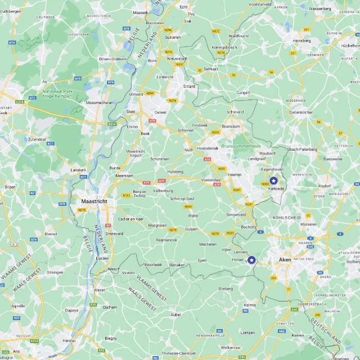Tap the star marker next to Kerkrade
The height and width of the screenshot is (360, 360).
click(x=273, y=181)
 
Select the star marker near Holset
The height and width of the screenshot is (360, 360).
click(x=251, y=260)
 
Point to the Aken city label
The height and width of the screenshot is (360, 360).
click(x=285, y=260)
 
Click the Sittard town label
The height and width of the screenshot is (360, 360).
click(x=189, y=87)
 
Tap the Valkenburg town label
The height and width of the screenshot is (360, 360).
click(x=163, y=191)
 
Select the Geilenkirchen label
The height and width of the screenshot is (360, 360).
click(x=301, y=112)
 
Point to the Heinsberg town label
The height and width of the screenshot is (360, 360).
click(x=301, y=40)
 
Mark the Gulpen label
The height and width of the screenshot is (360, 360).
click(x=192, y=229)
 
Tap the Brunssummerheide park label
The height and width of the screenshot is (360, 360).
click(x=241, y=146)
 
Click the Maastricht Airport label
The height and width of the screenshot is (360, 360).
click(x=136, y=154)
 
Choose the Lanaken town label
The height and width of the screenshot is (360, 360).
click(x=78, y=169)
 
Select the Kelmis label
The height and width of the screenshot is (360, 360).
click(x=250, y=305)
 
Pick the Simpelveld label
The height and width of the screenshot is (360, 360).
click(x=236, y=214)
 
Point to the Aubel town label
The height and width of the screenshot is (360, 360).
click(x=176, y=314)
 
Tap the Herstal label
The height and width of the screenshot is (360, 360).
click(x=69, y=340)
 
